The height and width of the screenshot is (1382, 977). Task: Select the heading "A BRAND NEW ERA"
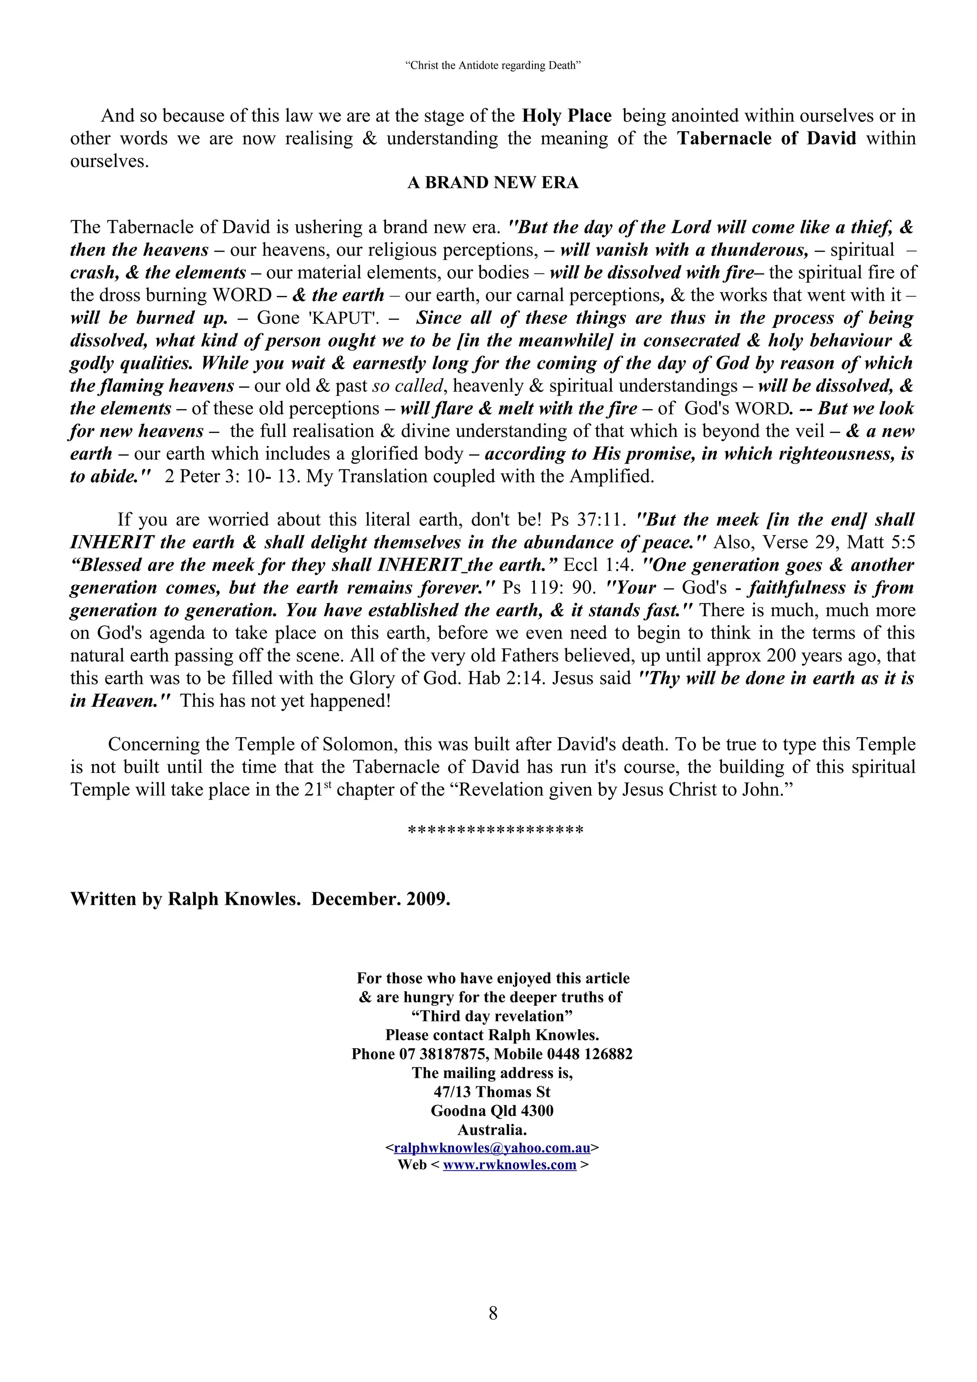[x=492, y=183]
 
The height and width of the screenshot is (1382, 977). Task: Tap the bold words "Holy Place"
[x=566, y=115]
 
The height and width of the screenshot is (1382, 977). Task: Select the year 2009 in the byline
[x=427, y=898]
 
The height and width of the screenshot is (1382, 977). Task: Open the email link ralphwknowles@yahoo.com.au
[x=492, y=1148]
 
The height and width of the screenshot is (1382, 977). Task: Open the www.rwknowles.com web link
[x=509, y=1165]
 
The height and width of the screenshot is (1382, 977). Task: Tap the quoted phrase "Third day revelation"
[x=492, y=1016]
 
